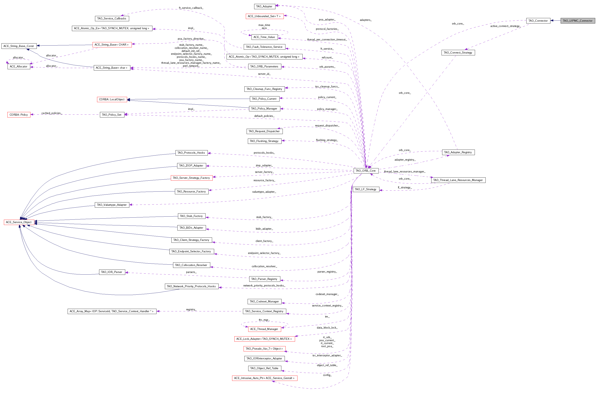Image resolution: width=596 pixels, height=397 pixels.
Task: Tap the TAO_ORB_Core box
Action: pos(366,171)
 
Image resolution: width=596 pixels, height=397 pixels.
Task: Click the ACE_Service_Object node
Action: pos(19,222)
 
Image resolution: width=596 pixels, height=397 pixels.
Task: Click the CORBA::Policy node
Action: pos(19,115)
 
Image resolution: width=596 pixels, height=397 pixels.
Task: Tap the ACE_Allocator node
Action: pos(19,66)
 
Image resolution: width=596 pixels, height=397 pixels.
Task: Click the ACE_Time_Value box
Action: pos(264,37)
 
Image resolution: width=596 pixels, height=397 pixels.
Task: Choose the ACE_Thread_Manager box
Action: pos(264,329)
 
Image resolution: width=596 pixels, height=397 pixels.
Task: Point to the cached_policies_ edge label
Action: pos(52,113)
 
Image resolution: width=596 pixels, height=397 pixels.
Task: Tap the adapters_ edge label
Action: pos(366,20)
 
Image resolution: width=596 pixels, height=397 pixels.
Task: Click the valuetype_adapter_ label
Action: pos(264,192)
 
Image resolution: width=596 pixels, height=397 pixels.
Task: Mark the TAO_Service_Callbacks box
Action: pos(112,18)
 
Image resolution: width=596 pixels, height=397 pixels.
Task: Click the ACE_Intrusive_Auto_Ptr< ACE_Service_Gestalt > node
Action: pos(264,378)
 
